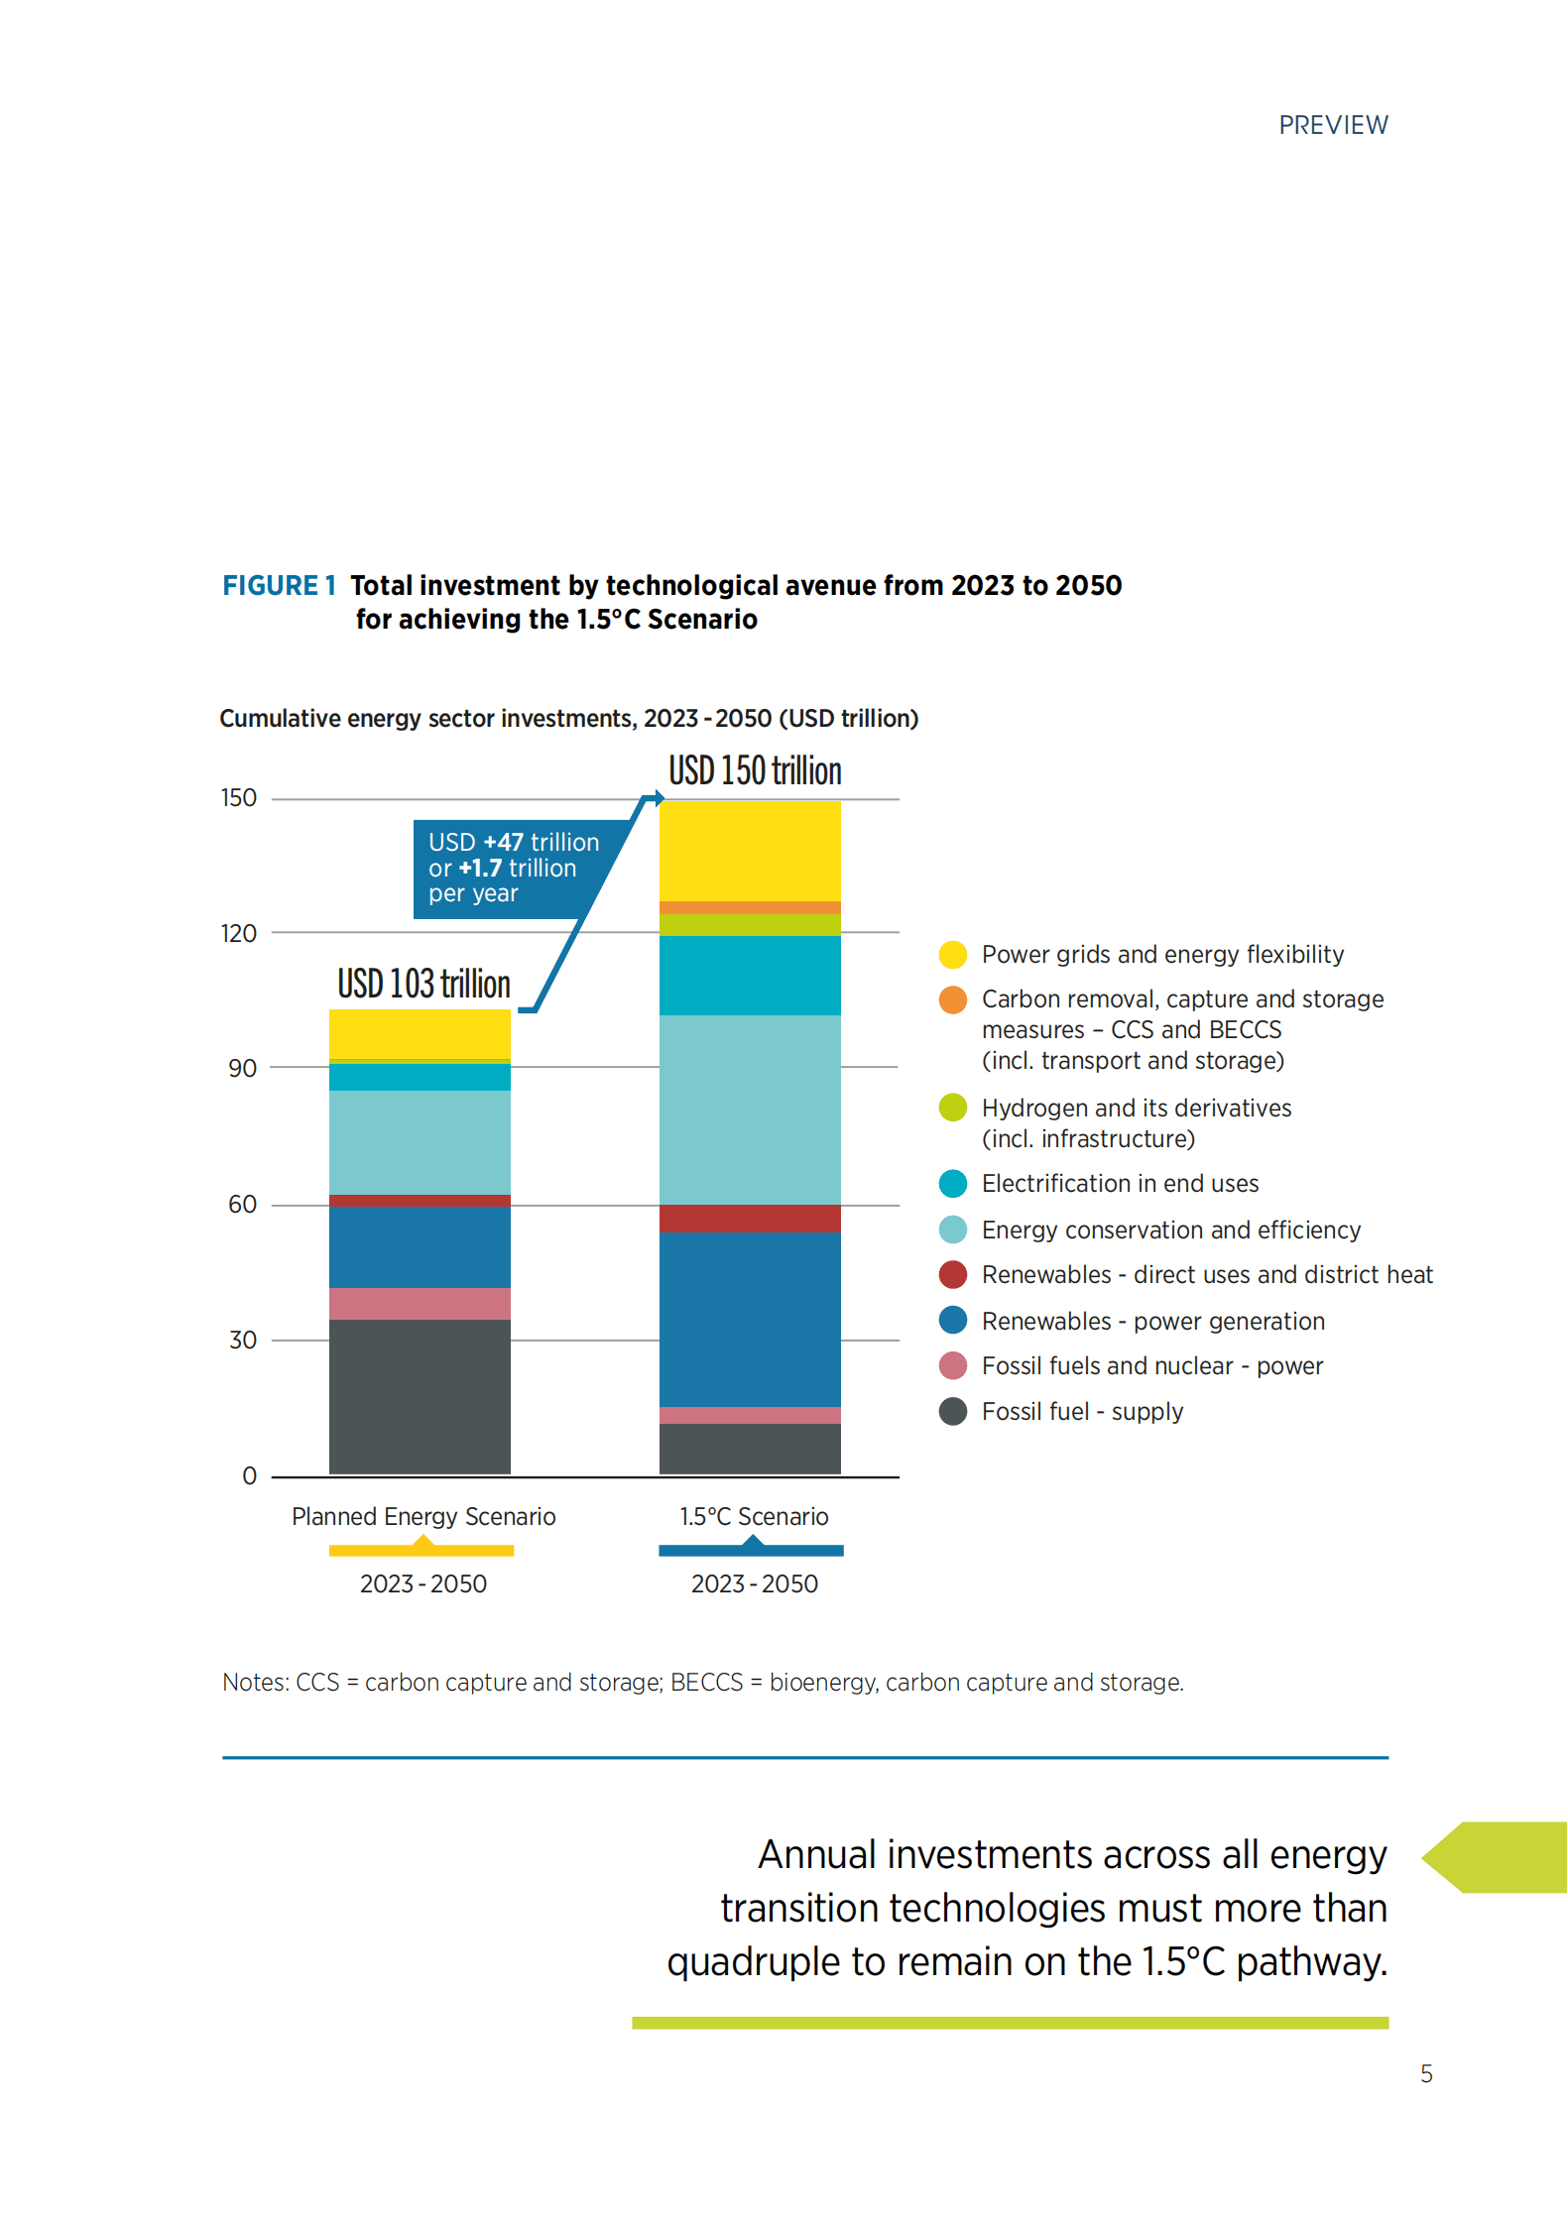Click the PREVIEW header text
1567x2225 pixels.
[x=1332, y=126]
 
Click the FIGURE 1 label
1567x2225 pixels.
[x=278, y=586]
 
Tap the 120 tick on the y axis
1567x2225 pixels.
[x=238, y=933]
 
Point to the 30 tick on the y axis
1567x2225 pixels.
[x=242, y=1341]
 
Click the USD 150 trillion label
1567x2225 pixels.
[x=754, y=771]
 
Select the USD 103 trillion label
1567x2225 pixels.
[x=423, y=984]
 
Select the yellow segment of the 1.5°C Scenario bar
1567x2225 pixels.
[x=750, y=850]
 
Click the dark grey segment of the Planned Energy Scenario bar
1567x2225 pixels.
[x=420, y=1396]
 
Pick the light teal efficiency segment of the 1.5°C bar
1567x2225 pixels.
[x=750, y=1109]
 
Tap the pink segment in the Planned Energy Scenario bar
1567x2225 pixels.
[x=420, y=1303]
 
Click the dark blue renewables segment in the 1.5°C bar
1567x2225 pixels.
[x=750, y=1319]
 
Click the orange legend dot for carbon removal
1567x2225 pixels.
[x=952, y=999]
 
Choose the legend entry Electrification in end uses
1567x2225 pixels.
[x=1119, y=1184]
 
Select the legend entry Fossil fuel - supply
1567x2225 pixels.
[x=1081, y=1411]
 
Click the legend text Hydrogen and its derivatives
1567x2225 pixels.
[x=1136, y=1108]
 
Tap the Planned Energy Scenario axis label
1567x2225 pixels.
[x=423, y=1517]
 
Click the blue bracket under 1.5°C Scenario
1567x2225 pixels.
[x=751, y=1549]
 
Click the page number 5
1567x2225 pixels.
[x=1425, y=2074]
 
